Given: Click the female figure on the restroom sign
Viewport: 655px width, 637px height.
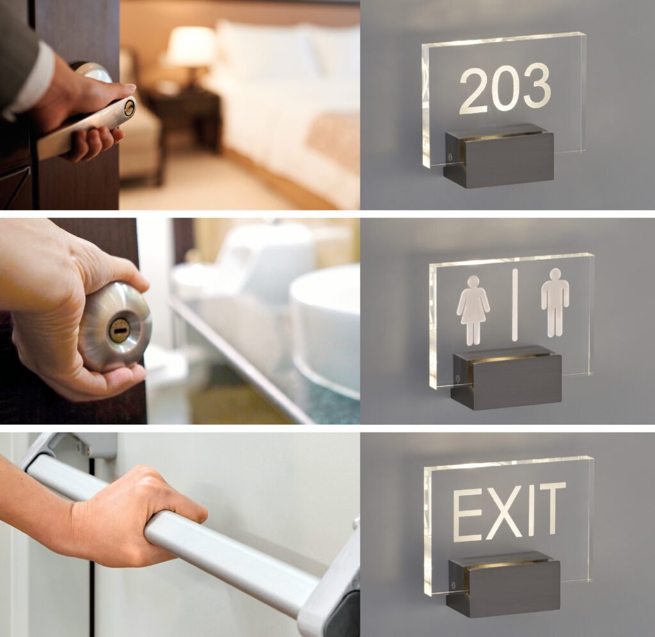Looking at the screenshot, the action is [474, 310].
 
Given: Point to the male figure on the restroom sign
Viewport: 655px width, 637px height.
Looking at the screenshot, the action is [555, 302].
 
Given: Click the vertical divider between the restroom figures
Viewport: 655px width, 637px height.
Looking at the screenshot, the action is [515, 305].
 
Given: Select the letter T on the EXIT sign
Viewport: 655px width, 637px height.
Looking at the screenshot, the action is [548, 507].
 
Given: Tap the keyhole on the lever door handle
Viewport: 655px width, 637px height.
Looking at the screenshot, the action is [129, 108].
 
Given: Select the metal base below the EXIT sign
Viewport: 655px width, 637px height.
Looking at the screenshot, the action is [503, 583].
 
